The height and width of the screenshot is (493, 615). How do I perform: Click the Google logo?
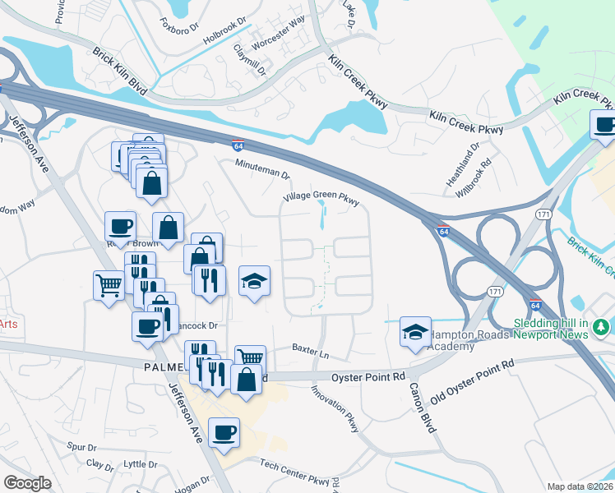coord(27,483)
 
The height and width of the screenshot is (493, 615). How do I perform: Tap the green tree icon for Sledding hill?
coord(603,328)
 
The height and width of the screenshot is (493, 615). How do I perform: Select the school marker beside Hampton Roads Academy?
coord(415,333)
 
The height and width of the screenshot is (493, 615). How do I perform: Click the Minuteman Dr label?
coord(263,170)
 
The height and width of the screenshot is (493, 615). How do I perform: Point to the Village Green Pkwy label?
coord(321,198)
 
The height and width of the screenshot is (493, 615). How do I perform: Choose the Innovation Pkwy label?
coord(335,408)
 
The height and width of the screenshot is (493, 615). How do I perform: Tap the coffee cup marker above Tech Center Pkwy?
coord(224,433)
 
